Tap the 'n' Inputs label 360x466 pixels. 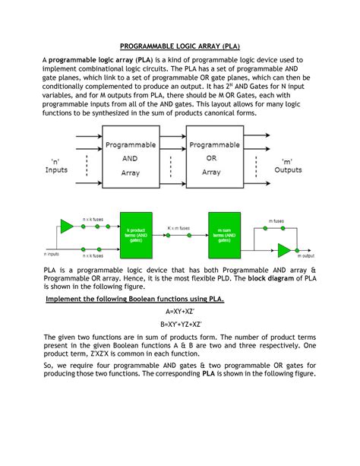(57, 165)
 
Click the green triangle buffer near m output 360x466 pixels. (283, 251)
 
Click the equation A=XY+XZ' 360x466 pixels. (180, 312)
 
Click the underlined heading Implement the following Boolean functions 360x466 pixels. (134, 299)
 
